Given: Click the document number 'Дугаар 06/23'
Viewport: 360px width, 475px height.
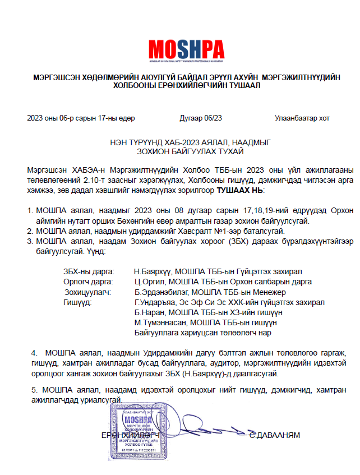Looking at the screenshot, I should point(201,118).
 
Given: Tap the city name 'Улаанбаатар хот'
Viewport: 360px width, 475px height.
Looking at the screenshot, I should point(302,118).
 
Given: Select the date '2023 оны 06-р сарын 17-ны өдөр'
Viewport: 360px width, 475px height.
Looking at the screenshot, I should point(81,118).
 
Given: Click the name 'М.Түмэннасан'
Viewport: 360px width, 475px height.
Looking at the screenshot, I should point(160,322).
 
